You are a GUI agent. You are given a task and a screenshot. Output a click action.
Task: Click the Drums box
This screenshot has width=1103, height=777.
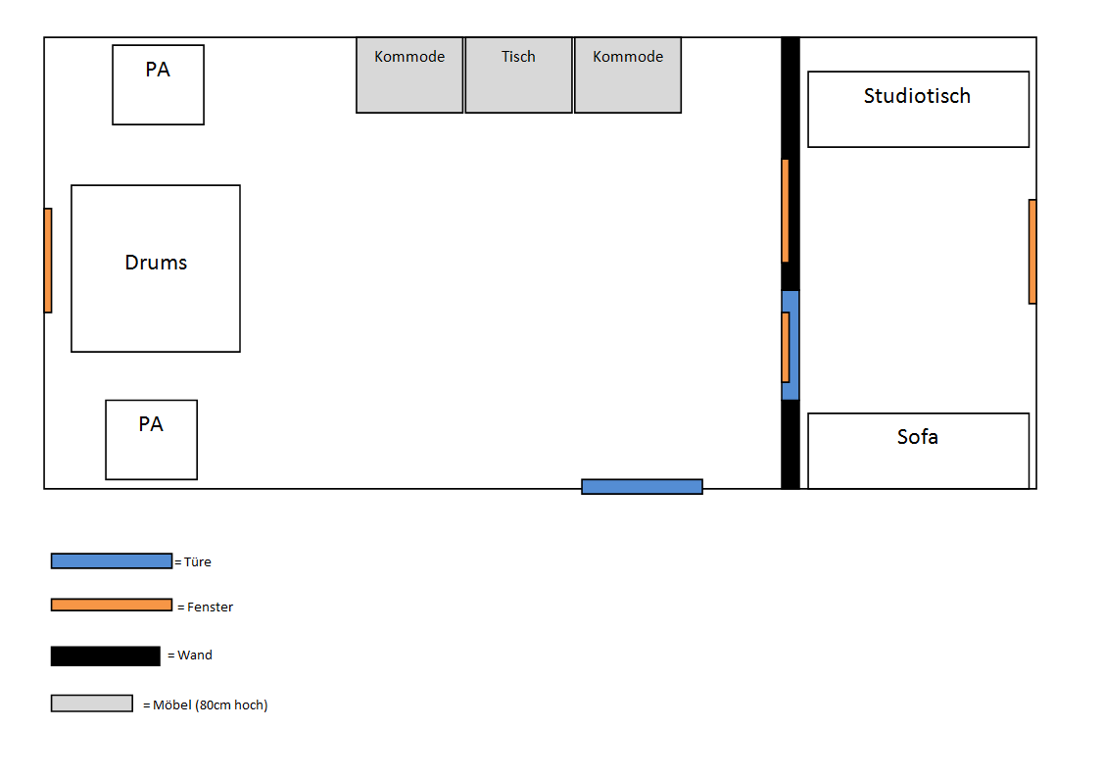(x=156, y=268)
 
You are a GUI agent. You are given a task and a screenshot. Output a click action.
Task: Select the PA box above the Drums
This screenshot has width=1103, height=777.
(x=158, y=84)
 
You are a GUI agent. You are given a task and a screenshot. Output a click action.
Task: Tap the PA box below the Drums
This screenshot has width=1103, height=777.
(x=151, y=440)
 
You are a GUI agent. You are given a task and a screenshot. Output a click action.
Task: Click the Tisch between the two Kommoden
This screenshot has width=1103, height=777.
(x=518, y=75)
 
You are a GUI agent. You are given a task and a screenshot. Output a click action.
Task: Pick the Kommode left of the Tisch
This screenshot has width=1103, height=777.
(x=409, y=75)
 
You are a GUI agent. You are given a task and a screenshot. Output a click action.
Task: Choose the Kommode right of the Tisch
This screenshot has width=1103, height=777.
(x=628, y=75)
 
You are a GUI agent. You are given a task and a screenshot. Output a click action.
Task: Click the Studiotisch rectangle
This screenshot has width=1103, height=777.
(x=918, y=109)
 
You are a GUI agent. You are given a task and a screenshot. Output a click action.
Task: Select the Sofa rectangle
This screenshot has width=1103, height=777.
(x=918, y=451)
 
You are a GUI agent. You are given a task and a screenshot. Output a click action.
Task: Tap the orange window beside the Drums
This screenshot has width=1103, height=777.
(x=48, y=261)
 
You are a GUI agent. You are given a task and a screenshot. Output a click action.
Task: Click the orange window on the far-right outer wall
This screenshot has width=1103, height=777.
(x=1032, y=252)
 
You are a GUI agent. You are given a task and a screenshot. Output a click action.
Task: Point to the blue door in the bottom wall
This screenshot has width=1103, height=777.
(x=642, y=486)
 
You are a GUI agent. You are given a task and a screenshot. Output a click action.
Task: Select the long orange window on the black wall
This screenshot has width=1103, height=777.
(x=785, y=211)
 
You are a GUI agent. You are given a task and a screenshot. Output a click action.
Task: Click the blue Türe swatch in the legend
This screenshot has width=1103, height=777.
(x=111, y=560)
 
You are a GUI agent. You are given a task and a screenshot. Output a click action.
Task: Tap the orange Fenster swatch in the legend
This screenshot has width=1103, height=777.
(x=111, y=605)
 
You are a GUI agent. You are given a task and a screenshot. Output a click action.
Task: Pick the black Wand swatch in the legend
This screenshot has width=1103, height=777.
(x=105, y=656)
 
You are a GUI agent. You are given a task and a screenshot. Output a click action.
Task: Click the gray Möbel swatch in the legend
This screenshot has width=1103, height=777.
(x=91, y=704)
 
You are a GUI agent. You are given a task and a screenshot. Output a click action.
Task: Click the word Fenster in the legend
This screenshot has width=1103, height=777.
(x=210, y=607)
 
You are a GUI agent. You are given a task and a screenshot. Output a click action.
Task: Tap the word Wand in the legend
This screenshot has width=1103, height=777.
(x=195, y=656)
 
